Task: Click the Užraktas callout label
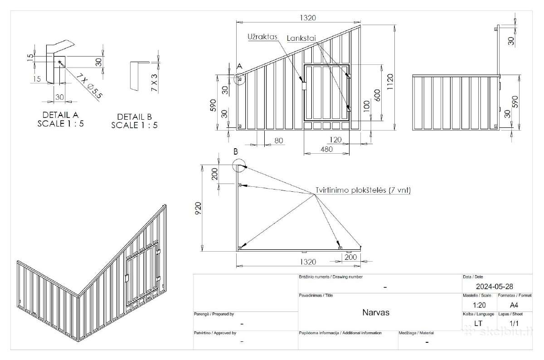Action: pos(262,37)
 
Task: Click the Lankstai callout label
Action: pos(301,38)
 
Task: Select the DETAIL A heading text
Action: pos(60,115)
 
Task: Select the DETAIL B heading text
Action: pos(135,117)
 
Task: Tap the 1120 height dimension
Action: pos(390,82)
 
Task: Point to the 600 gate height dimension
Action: pos(377,96)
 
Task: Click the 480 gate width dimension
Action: pos(327,149)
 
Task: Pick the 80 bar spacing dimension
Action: pos(279,141)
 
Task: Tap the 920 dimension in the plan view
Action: pos(198,208)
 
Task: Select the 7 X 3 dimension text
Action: pos(154,83)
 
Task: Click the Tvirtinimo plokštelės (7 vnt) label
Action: pos(363,190)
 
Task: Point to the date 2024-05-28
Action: pos(495,287)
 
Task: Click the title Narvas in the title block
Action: pos(376,312)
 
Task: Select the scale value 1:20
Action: pos(480,305)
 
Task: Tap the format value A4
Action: pos(514,305)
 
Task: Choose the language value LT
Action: pos(478,324)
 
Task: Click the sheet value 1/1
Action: pos(514,324)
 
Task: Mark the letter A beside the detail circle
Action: pos(239,66)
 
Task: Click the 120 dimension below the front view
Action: pos(335,140)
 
